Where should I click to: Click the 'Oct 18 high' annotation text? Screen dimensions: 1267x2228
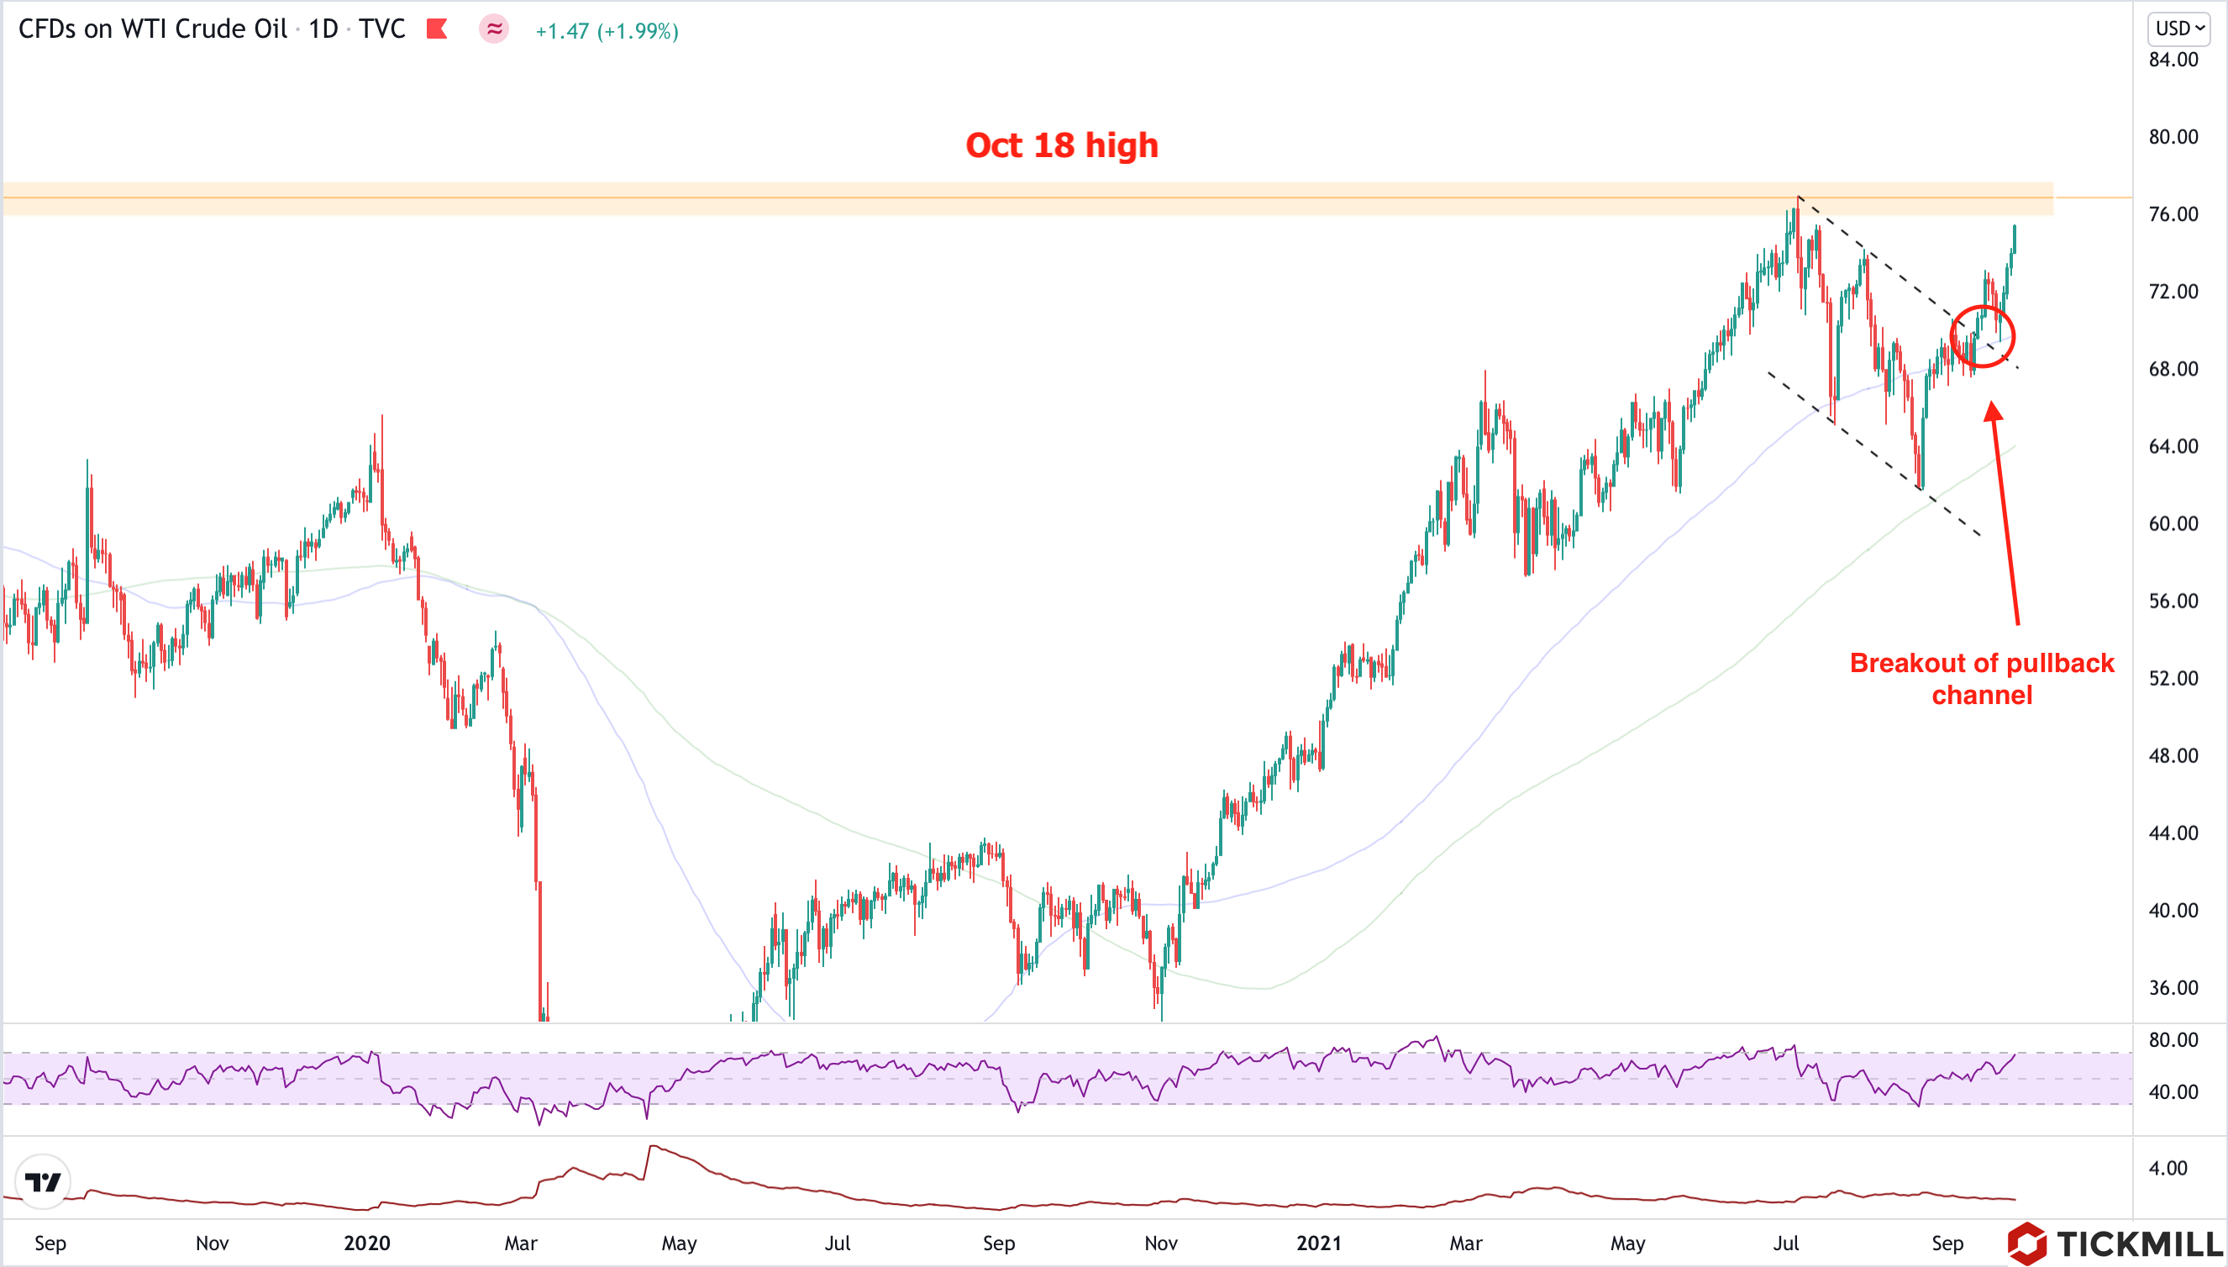pyautogui.click(x=1061, y=145)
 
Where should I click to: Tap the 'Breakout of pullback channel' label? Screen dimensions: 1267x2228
pyautogui.click(x=1981, y=679)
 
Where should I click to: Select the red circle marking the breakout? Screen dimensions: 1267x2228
pyautogui.click(x=1982, y=336)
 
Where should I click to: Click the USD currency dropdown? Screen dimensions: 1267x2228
pyautogui.click(x=2178, y=29)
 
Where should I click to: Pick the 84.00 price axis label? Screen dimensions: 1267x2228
pyautogui.click(x=2173, y=60)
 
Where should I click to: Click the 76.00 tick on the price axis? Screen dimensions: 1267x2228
pyautogui.click(x=2173, y=214)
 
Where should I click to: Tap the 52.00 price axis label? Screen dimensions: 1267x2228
pyautogui.click(x=2173, y=678)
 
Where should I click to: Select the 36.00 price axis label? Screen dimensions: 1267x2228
pyautogui.click(x=2173, y=988)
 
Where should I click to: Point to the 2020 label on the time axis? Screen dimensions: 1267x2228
pyautogui.click(x=366, y=1243)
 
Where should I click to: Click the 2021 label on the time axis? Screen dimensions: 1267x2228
pyautogui.click(x=1318, y=1243)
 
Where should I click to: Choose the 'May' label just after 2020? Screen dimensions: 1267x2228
pyautogui.click(x=679, y=1243)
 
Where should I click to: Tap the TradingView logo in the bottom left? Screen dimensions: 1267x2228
pyautogui.click(x=43, y=1181)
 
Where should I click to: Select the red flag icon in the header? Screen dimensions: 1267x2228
pyautogui.click(x=437, y=29)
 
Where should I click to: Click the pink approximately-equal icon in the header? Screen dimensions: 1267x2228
pyautogui.click(x=494, y=29)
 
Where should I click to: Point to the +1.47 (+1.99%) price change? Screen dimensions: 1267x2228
pyautogui.click(x=607, y=31)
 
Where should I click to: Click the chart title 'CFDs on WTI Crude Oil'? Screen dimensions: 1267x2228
pyautogui.click(x=152, y=29)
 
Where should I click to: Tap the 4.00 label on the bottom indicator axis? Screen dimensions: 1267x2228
pyautogui.click(x=2168, y=1168)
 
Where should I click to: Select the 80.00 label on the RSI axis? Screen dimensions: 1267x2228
pyautogui.click(x=2173, y=1040)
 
